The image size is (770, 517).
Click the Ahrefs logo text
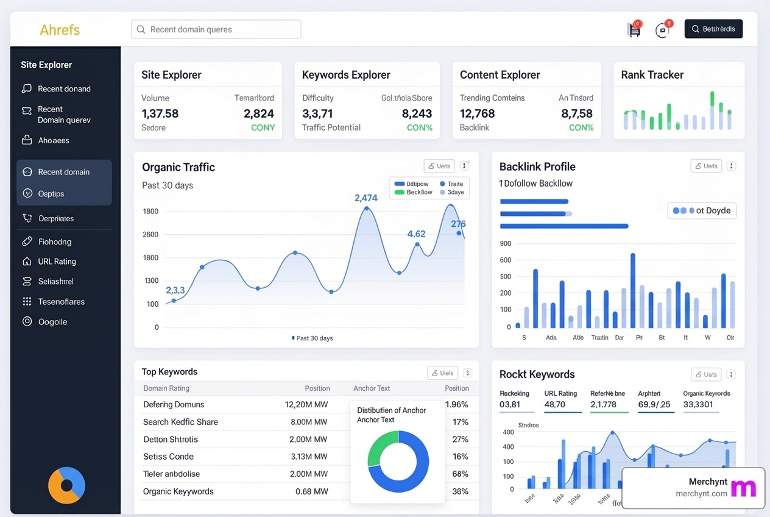tap(60, 30)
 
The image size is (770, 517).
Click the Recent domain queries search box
tap(216, 29)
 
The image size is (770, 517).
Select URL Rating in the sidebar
tap(57, 262)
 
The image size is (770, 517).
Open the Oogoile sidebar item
tap(52, 322)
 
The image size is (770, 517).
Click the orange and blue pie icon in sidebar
tap(66, 485)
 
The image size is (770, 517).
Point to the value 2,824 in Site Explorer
tap(259, 113)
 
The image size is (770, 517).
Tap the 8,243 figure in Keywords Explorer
tap(417, 113)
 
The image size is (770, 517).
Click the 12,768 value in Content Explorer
tap(477, 113)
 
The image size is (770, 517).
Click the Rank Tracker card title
tap(652, 75)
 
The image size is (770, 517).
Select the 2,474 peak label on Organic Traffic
tap(366, 198)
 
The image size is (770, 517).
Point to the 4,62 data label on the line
tap(416, 234)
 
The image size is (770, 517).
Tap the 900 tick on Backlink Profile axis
tap(505, 243)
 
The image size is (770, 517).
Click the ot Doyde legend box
tap(702, 210)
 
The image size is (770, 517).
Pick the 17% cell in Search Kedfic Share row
tap(460, 422)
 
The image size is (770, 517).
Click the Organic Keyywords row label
tap(178, 491)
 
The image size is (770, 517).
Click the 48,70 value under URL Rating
tap(554, 404)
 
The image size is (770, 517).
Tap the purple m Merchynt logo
tap(743, 488)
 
